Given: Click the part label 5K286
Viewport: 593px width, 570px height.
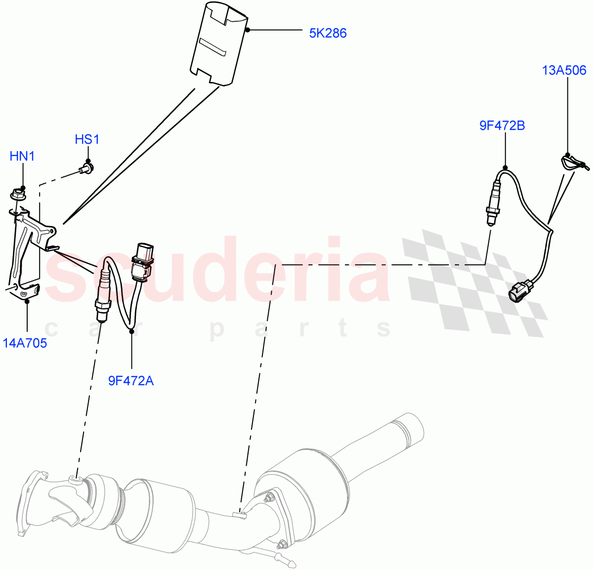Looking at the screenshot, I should coord(328,33).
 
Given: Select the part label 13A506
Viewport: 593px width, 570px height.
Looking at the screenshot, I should coord(564,70).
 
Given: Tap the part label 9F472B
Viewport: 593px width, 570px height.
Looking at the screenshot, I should coord(502,125).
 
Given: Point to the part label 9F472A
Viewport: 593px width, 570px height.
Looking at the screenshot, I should coord(131,380).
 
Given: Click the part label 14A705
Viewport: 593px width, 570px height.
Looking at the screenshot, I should coord(25,343).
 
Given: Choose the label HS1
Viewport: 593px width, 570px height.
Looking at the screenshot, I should coord(87,140).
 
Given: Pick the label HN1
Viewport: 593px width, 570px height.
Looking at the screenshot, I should coord(22,157).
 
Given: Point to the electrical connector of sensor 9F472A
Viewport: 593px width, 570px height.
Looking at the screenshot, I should coord(142,261).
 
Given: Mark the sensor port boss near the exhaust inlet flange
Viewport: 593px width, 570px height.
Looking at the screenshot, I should coord(75,478).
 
